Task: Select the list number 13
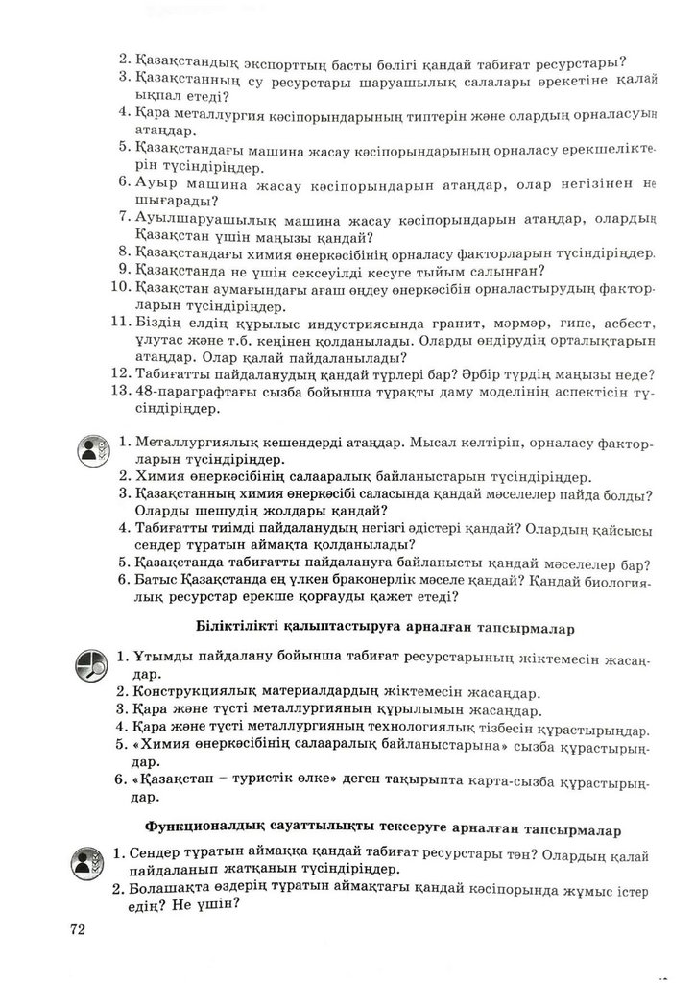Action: point(119,393)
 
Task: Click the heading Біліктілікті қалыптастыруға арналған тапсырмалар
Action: point(384,628)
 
